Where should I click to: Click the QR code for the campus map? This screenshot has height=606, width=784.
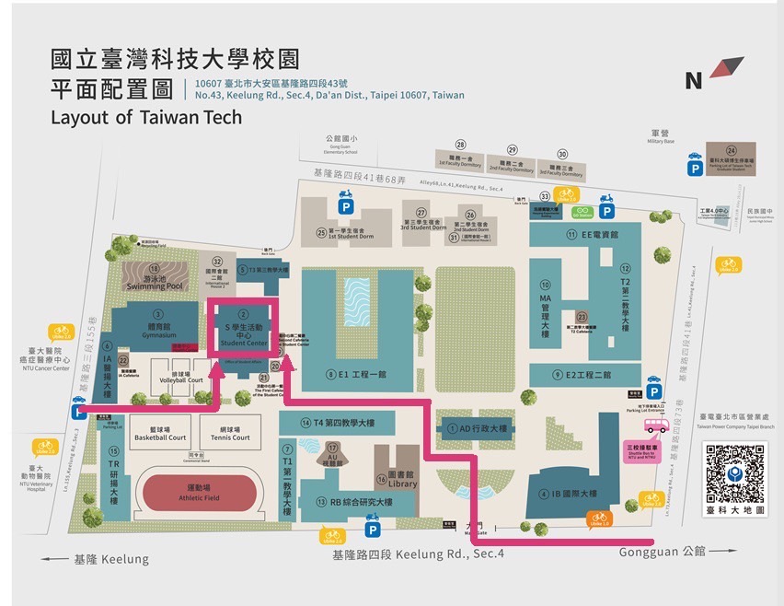(x=733, y=472)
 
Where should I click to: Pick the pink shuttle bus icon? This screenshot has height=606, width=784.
(x=656, y=425)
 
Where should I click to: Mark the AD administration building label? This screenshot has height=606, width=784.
(x=471, y=428)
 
